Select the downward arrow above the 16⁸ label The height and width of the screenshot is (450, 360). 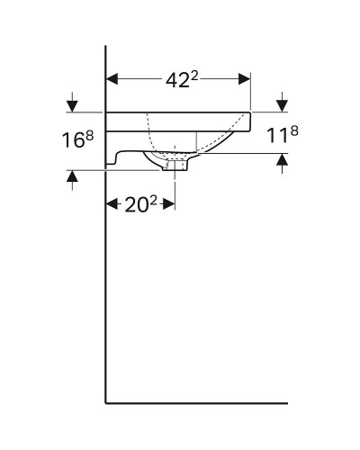pos(72,103)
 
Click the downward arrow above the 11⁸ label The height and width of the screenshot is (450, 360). pos(282,103)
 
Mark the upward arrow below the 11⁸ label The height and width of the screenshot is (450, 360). pos(282,162)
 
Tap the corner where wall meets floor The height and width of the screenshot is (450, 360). pos(107,401)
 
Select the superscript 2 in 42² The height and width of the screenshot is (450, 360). pos(195,74)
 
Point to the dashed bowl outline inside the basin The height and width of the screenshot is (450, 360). pos(216,144)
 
